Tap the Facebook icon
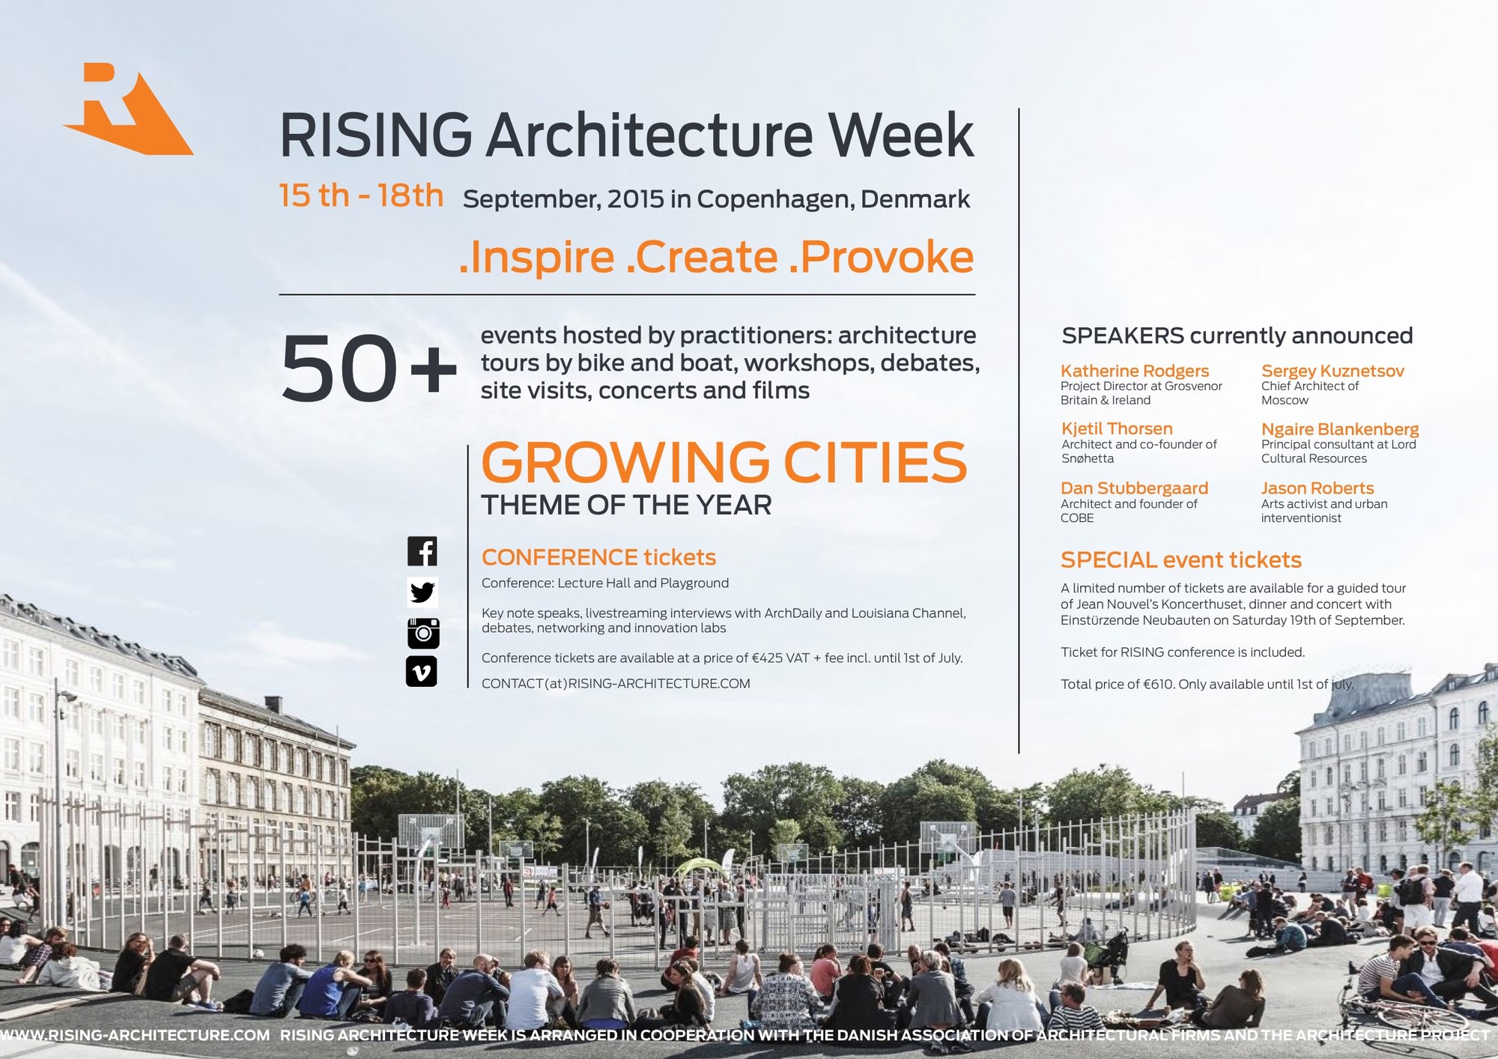coord(422,551)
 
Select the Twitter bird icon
coord(422,592)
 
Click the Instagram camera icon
coord(423,633)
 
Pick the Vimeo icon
coord(422,672)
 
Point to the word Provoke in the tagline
coord(882,257)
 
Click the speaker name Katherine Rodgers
coord(1135,371)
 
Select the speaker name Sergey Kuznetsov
coord(1332,371)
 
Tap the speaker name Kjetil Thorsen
coord(1117,428)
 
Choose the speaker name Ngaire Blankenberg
coord(1340,429)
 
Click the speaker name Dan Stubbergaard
coord(1135,488)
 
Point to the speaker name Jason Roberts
coord(1317,488)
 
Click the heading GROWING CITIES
coord(724,462)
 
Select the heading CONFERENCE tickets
coord(599,557)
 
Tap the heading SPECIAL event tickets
coord(1181,560)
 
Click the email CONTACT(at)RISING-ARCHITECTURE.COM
coord(616,684)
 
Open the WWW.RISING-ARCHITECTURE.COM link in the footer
coord(135,1035)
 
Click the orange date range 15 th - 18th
coord(361,195)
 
